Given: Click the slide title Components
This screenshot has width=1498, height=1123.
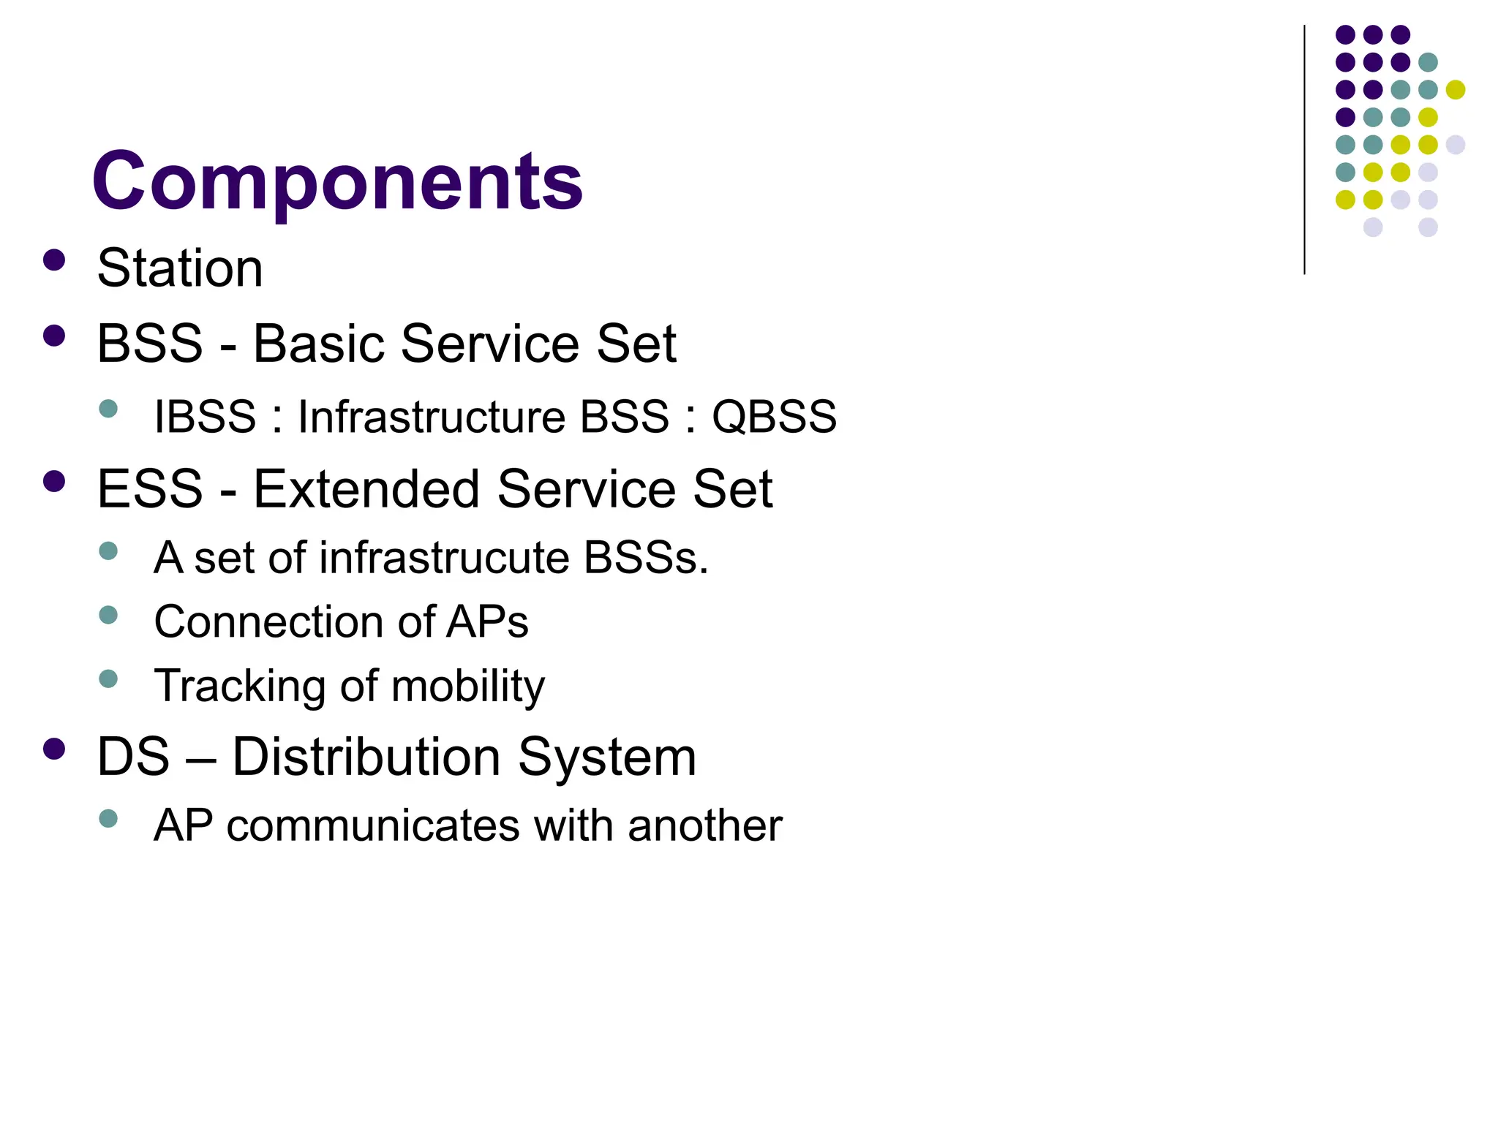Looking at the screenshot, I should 337,181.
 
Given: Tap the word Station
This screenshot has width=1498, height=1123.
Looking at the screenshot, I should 180,268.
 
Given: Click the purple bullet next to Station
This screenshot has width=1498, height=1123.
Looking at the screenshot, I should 54,260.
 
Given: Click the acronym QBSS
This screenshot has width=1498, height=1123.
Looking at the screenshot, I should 774,417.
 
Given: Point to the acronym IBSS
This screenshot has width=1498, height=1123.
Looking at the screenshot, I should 205,417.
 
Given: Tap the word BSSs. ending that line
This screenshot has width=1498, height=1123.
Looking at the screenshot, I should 646,558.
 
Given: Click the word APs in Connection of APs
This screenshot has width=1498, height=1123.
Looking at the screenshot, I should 487,622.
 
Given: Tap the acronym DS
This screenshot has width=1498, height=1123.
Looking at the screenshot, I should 133,757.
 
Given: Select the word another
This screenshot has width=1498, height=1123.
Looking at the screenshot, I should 704,825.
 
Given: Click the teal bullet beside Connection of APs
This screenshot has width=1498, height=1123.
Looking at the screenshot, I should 108,615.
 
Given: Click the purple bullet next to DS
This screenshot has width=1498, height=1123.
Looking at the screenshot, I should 54,749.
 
